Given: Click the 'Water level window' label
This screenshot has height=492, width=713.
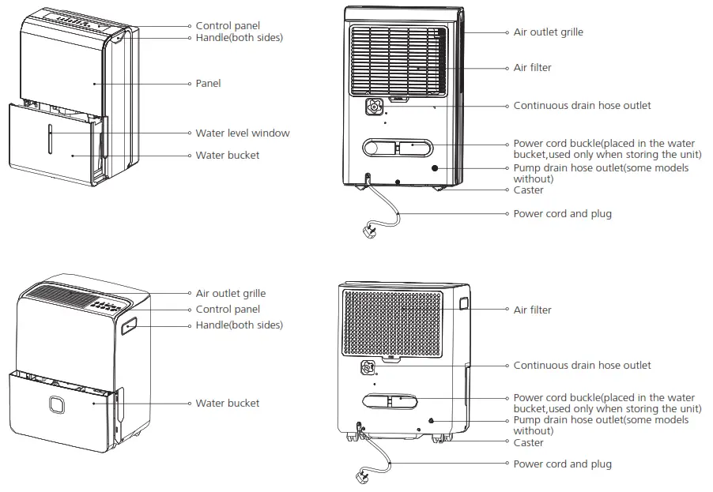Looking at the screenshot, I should [x=243, y=133].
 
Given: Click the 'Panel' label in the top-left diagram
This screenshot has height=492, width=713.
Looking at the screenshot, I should [x=208, y=83].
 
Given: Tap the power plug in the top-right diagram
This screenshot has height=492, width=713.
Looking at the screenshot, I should [x=370, y=231].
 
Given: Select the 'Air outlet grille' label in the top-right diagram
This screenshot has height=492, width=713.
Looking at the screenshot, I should [x=548, y=32].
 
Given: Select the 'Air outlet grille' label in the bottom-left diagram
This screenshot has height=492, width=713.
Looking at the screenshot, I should [x=231, y=293].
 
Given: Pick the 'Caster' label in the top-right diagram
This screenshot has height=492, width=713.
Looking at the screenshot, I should [x=528, y=190].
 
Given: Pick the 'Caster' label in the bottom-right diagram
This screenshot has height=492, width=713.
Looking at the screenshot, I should [x=528, y=442].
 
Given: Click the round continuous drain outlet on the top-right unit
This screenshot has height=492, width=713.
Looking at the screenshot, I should [x=375, y=106].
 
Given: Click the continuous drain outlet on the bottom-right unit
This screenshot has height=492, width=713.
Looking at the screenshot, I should [x=367, y=367].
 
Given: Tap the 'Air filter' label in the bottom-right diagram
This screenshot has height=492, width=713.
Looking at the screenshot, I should [x=532, y=310].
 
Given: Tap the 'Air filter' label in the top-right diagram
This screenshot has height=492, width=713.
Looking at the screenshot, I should [x=532, y=67].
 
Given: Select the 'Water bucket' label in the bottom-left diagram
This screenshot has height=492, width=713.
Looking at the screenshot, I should [x=227, y=403].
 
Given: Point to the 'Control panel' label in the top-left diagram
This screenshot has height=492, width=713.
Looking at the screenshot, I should [x=228, y=26].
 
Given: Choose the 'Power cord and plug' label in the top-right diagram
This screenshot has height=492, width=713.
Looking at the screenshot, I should [x=562, y=213].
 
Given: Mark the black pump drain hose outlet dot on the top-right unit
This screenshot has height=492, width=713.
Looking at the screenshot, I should [x=435, y=168].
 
